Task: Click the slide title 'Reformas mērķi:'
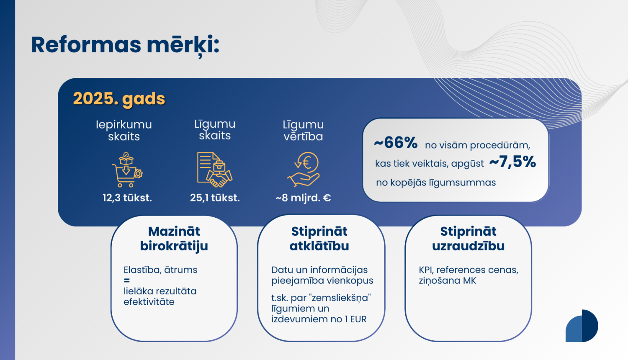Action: pyautogui.click(x=125, y=45)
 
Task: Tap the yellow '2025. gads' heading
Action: pyautogui.click(x=119, y=99)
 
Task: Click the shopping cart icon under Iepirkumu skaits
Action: pyautogui.click(x=126, y=170)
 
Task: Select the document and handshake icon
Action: pyautogui.click(x=214, y=170)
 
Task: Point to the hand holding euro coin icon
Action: pyautogui.click(x=304, y=169)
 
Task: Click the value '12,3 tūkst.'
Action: pyautogui.click(x=127, y=198)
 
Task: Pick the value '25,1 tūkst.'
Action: pyautogui.click(x=215, y=198)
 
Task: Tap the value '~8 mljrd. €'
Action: pyautogui.click(x=303, y=198)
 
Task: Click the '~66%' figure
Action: pyautogui.click(x=396, y=143)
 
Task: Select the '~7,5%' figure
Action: pyautogui.click(x=512, y=162)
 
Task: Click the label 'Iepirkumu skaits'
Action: pyautogui.click(x=124, y=130)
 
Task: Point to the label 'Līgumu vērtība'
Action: pyautogui.click(x=303, y=130)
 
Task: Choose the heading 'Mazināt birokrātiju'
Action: pyautogui.click(x=174, y=239)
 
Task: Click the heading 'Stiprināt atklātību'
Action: pyautogui.click(x=319, y=239)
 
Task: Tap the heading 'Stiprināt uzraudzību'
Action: pyautogui.click(x=468, y=239)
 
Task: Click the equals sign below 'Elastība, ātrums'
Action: pyautogui.click(x=127, y=280)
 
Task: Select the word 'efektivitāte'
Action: pyautogui.click(x=149, y=302)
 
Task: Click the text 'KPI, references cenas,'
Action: pyautogui.click(x=468, y=270)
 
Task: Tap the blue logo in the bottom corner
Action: pyautogui.click(x=582, y=326)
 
